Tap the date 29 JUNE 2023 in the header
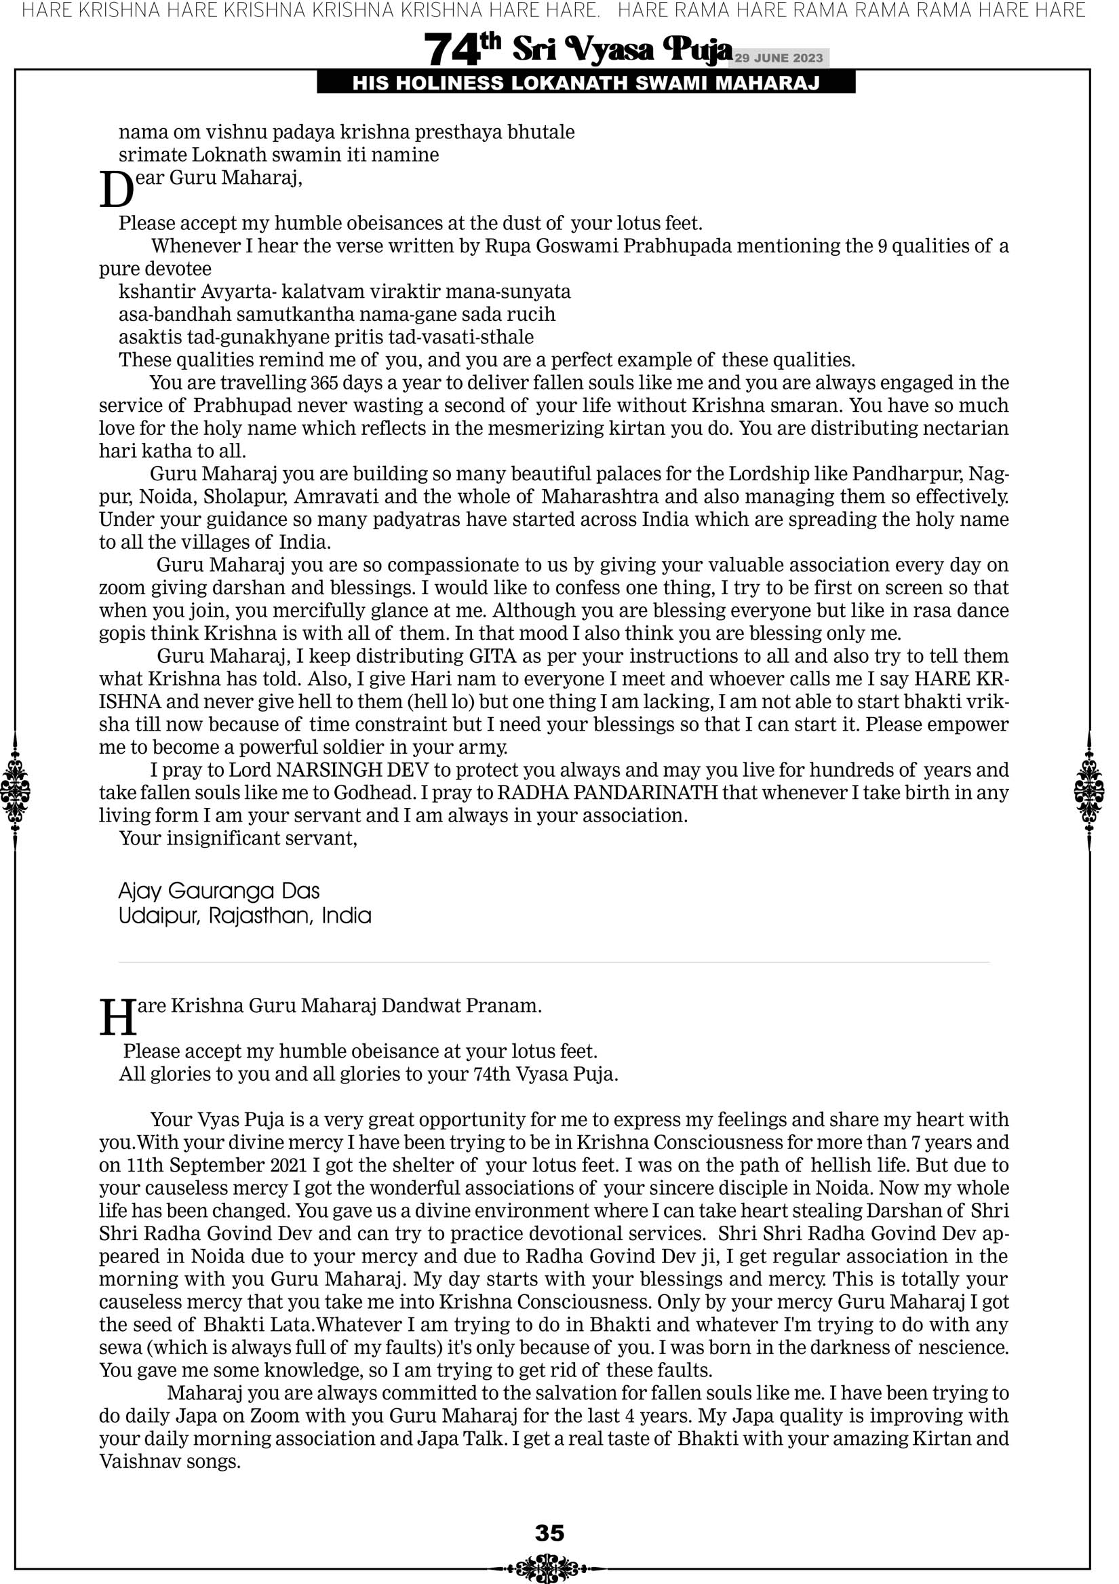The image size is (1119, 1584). coord(778,58)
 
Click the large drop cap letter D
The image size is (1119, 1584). coord(115,190)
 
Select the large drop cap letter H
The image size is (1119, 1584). coord(117,1018)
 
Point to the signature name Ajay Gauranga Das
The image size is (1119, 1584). coord(218,891)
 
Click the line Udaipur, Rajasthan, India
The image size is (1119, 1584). coord(245,916)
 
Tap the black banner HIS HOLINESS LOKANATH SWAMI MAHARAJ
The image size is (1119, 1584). coord(586,83)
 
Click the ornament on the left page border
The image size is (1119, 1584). coord(15,791)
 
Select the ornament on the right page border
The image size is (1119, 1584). coord(1089,791)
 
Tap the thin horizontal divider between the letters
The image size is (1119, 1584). coord(554,962)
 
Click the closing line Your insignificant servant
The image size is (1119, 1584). coord(238,838)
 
